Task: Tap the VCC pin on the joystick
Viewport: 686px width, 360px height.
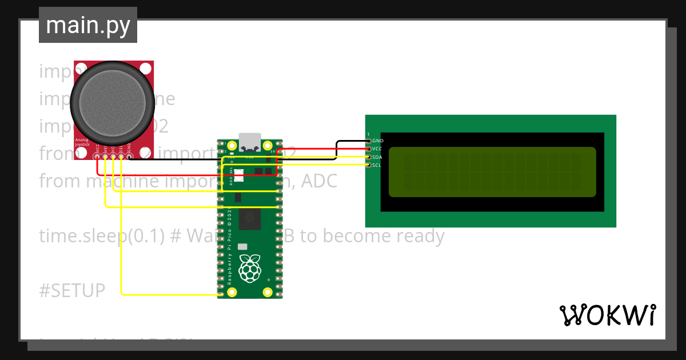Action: (x=98, y=156)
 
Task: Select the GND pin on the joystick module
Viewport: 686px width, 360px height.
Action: (x=129, y=156)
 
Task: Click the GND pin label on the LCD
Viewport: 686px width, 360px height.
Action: (x=377, y=141)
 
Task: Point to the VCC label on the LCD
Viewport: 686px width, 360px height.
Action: (x=377, y=149)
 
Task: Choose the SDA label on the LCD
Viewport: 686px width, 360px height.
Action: (x=377, y=157)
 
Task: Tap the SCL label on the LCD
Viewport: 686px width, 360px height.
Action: (x=377, y=165)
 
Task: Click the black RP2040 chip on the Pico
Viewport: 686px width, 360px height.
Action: (x=250, y=218)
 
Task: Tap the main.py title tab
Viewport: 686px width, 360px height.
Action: (x=88, y=25)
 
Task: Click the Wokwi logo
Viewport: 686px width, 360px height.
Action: (x=607, y=315)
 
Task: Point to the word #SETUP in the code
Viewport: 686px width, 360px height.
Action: (x=72, y=290)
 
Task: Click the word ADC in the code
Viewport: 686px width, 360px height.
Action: (x=319, y=181)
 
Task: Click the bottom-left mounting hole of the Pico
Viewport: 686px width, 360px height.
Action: (x=232, y=293)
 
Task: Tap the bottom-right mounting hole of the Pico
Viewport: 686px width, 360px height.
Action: (x=268, y=293)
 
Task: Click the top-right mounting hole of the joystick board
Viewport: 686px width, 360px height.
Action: (x=146, y=69)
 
